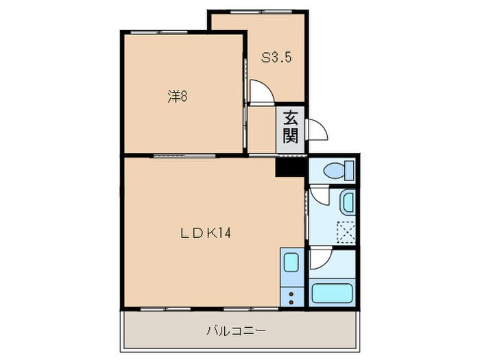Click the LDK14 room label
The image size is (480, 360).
pyautogui.click(x=205, y=232)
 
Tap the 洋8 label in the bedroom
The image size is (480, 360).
pyautogui.click(x=178, y=97)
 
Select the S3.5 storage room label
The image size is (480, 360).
pyautogui.click(x=276, y=58)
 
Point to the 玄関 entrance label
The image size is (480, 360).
pyautogui.click(x=291, y=127)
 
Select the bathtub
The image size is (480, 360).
pyautogui.click(x=332, y=293)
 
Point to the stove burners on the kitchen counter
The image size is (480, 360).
pyautogui.click(x=291, y=296)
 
